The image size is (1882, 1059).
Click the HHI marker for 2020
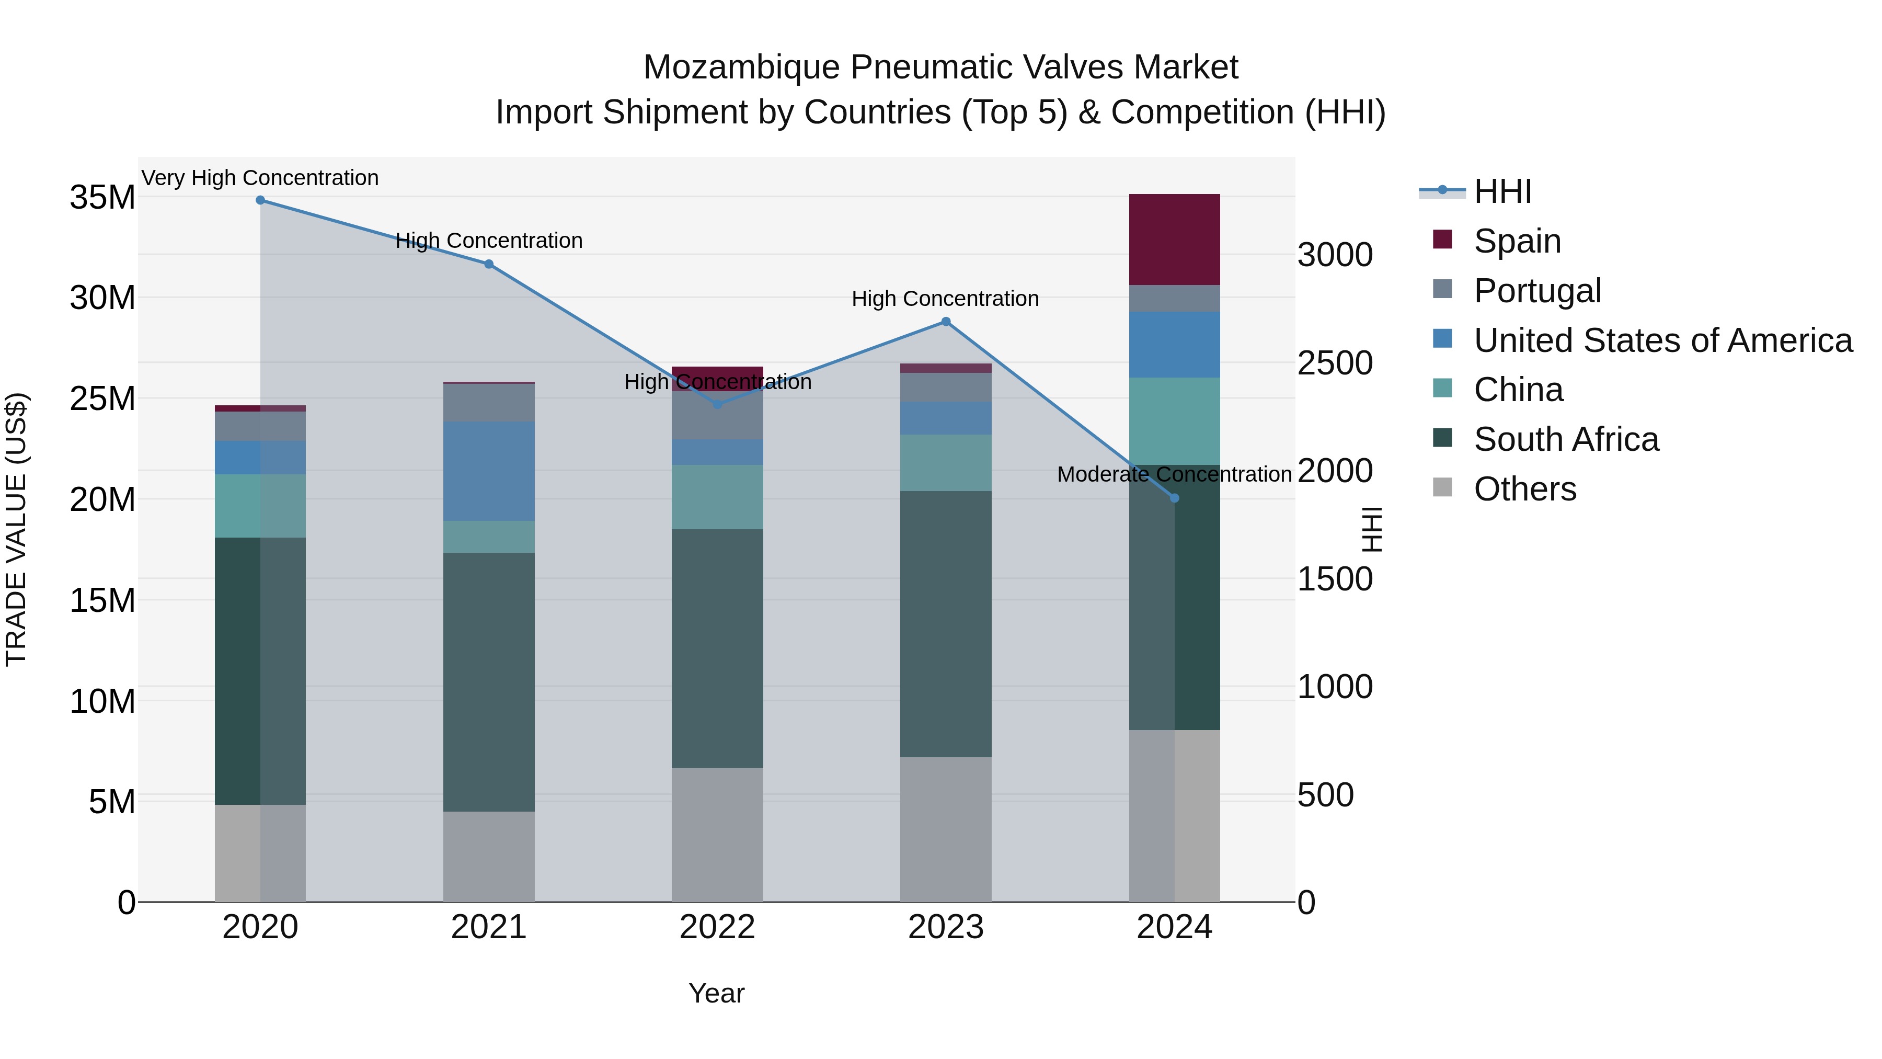pos(260,200)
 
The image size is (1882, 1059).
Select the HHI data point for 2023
pos(945,322)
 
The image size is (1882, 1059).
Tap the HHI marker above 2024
pos(1174,498)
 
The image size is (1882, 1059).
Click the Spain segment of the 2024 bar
pos(1174,240)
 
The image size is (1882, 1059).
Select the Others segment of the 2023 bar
pos(945,829)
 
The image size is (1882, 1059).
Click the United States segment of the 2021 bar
pos(489,471)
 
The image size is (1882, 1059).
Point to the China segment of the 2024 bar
pos(1174,421)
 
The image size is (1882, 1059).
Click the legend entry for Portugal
pos(1537,291)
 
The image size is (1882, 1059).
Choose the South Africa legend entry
pos(1566,440)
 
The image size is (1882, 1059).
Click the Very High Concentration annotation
pos(260,178)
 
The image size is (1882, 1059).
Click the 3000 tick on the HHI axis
pos(1335,256)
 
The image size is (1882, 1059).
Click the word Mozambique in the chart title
pos(741,68)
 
